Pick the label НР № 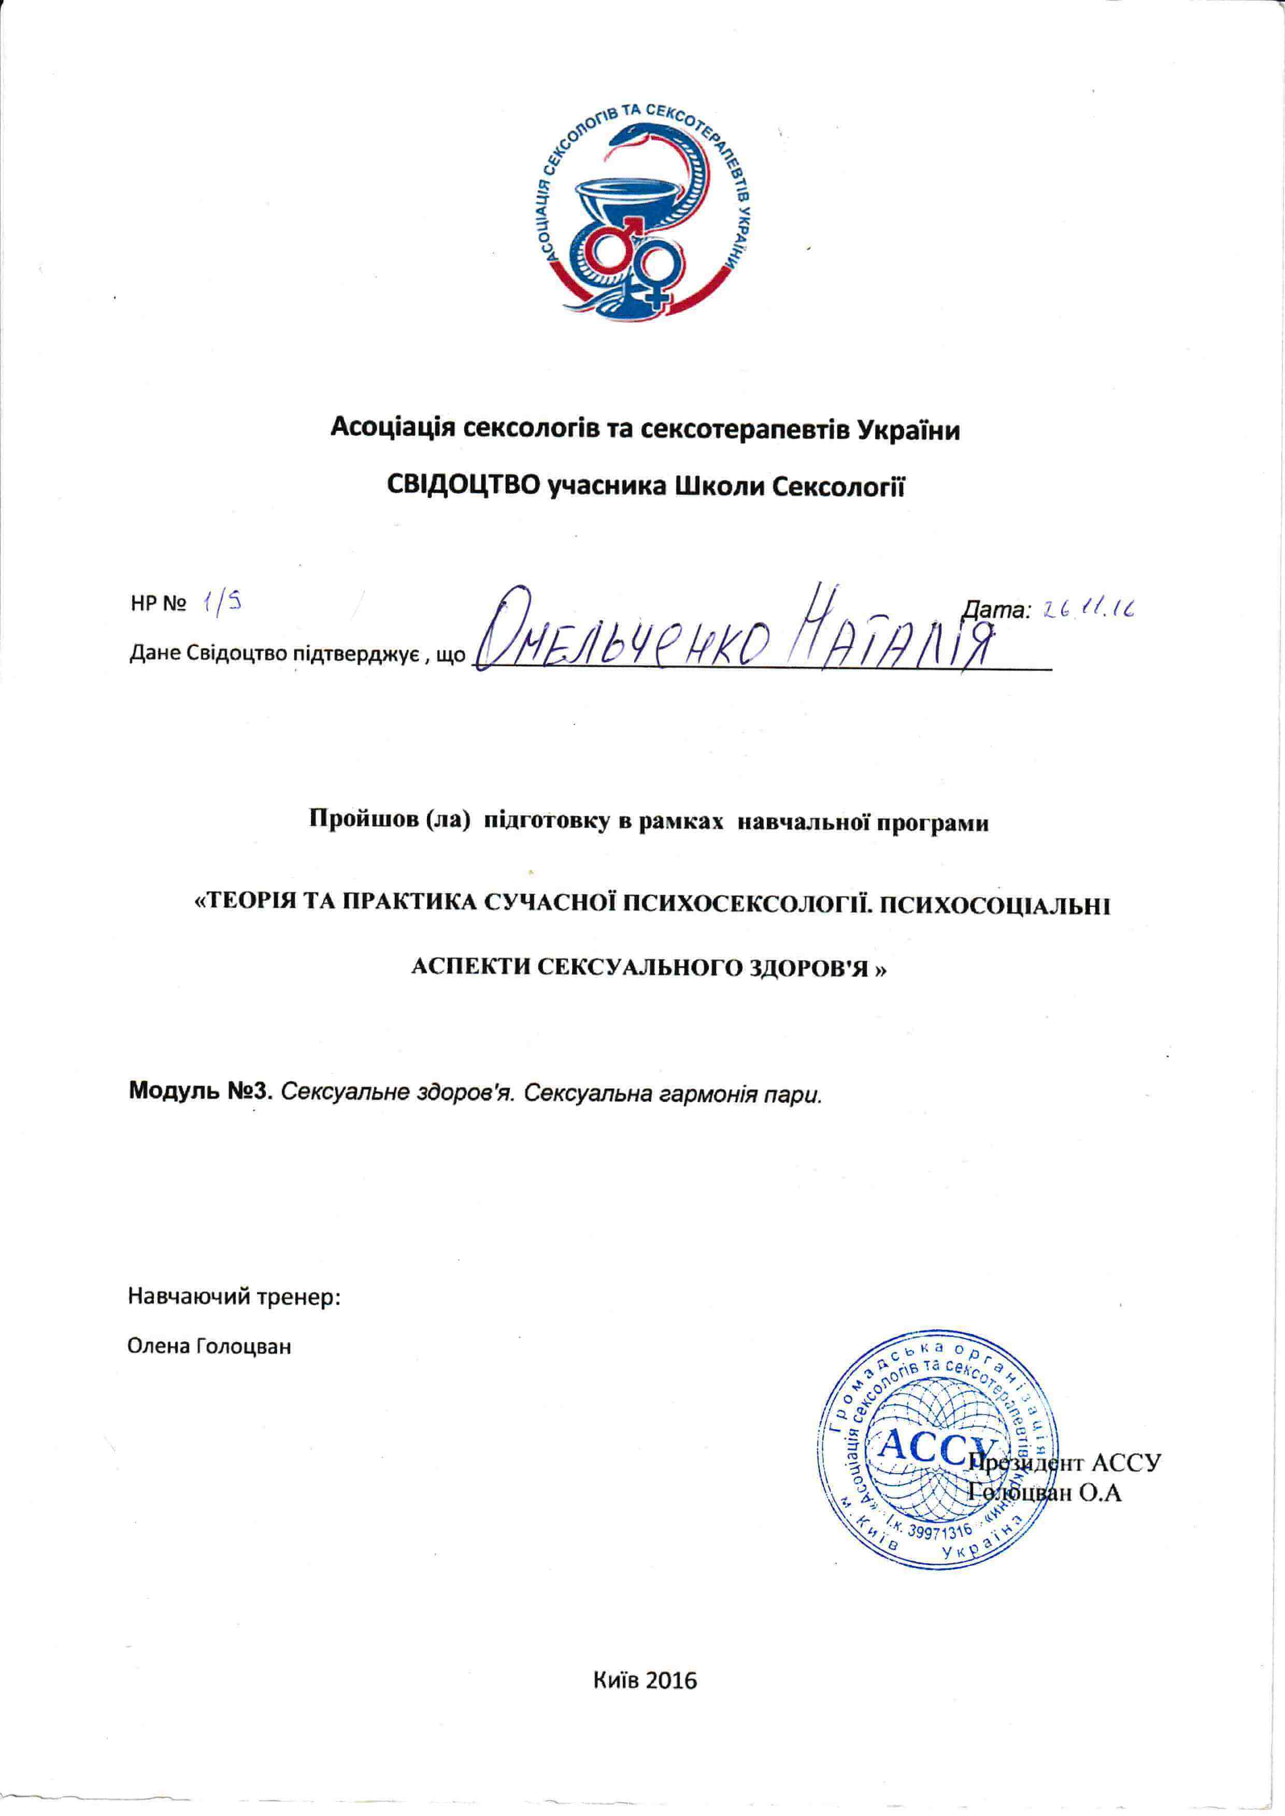(158, 605)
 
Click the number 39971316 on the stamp (940, 1532)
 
